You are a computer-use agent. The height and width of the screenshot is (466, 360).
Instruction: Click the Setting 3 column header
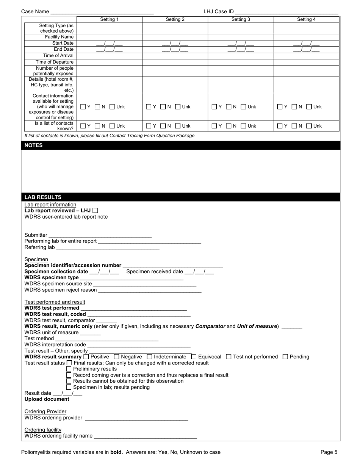[241, 19]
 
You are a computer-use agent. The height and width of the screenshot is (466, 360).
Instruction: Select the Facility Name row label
[59, 37]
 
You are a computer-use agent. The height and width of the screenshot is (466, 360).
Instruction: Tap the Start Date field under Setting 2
[175, 43]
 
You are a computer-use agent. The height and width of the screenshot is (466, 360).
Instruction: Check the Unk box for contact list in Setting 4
[308, 126]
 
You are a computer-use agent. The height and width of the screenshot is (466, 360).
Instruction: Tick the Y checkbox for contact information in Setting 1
[83, 107]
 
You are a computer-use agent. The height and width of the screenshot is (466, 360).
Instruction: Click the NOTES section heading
[34, 145]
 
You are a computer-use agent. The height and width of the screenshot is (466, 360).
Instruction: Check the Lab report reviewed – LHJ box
[95, 210]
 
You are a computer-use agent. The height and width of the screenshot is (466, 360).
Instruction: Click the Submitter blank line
[100, 235]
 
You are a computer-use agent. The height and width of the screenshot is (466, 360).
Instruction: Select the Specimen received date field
[199, 272]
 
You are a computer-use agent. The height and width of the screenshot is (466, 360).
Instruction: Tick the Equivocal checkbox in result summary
[194, 357]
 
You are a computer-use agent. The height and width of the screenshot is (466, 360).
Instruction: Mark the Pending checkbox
[285, 357]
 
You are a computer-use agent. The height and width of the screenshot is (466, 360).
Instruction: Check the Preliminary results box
[69, 369]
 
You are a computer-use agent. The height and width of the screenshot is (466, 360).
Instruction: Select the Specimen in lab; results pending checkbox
[69, 387]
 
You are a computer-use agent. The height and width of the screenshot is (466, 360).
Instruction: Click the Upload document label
[47, 399]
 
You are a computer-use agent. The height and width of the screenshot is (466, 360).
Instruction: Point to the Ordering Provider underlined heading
[45, 411]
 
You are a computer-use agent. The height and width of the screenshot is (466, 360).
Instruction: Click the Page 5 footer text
[329, 452]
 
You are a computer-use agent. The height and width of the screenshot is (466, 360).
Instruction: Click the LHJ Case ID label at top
[218, 11]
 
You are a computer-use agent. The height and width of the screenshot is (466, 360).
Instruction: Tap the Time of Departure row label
[55, 62]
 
